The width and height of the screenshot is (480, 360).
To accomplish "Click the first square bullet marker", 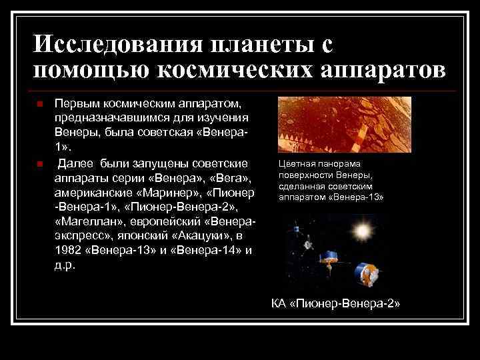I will point(40,105).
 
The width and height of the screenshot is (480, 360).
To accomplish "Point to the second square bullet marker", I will point(40,164).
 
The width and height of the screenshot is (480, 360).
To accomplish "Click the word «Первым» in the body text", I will point(75,105).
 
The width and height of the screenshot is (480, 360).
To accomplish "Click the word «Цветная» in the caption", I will point(297,164).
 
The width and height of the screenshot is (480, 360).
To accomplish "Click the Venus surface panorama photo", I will point(345,125).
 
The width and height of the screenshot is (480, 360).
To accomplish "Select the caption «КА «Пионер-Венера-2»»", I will point(336,304).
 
